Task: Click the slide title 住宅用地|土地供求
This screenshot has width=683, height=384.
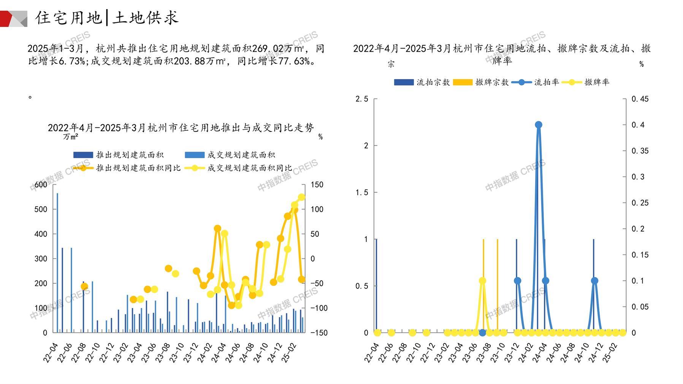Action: pyautogui.click(x=107, y=17)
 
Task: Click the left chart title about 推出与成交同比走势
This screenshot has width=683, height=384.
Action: pyautogui.click(x=181, y=128)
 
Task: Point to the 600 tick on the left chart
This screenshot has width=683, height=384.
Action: pyautogui.click(x=41, y=185)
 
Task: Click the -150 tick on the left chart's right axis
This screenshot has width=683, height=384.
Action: pyautogui.click(x=319, y=333)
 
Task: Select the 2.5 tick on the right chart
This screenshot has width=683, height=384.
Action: pyautogui.click(x=361, y=99)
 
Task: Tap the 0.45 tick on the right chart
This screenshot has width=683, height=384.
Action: pyautogui.click(x=640, y=99)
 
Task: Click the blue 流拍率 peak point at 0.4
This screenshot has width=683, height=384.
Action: pyautogui.click(x=538, y=125)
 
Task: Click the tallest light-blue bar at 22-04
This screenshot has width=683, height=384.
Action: pyautogui.click(x=57, y=262)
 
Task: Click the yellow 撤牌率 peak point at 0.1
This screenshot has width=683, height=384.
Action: pyautogui.click(x=482, y=281)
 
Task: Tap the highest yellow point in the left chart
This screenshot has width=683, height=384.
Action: pyautogui.click(x=301, y=197)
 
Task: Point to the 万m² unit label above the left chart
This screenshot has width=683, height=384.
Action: pyautogui.click(x=71, y=136)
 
